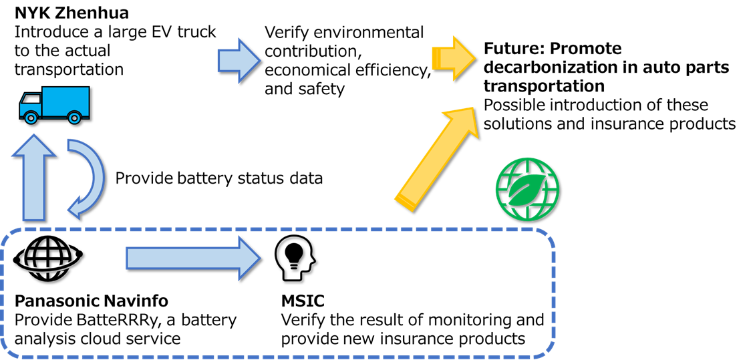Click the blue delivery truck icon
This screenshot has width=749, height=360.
click(53, 105)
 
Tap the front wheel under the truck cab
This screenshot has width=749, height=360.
click(31, 118)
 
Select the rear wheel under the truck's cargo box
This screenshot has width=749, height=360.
click(74, 118)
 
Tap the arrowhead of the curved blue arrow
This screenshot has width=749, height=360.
click(76, 207)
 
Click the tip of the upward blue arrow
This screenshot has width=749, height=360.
click(33, 138)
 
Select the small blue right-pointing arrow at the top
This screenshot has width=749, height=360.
click(239, 60)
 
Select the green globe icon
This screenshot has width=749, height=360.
click(527, 189)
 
